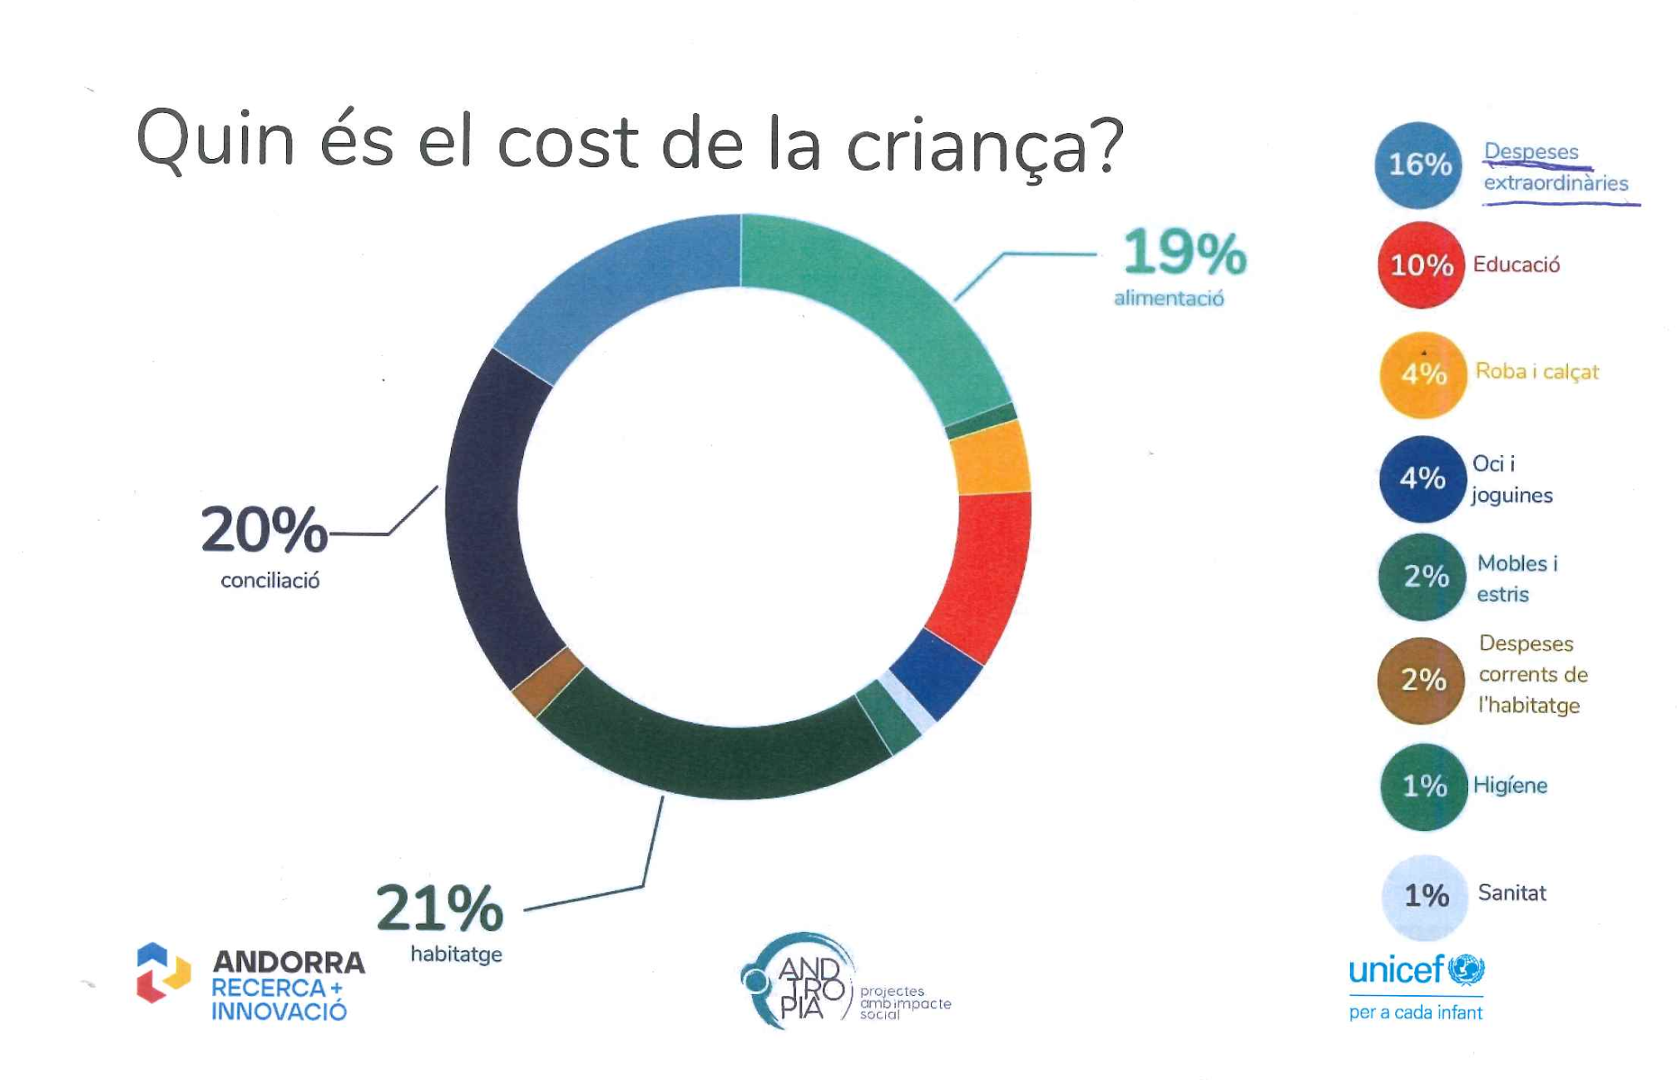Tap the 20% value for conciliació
(265, 529)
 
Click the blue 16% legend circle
(1419, 165)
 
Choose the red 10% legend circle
(1421, 265)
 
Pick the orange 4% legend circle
(1422, 374)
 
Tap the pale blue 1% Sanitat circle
(1425, 896)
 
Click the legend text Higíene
(1510, 785)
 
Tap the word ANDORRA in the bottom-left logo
(289, 962)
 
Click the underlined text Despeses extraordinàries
(1554, 167)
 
